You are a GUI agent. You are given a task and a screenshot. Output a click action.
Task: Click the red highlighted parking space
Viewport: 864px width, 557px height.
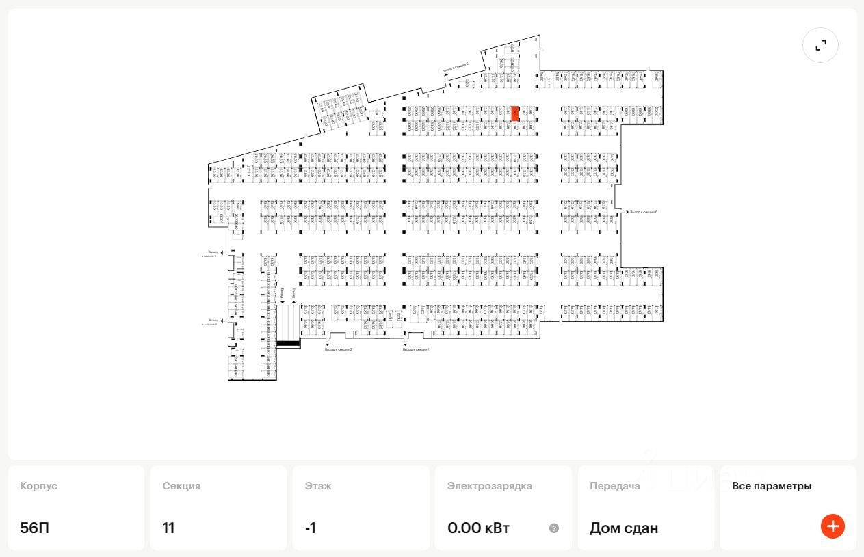[x=515, y=113]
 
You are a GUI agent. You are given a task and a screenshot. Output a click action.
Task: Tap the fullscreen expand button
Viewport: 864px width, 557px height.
[x=820, y=45]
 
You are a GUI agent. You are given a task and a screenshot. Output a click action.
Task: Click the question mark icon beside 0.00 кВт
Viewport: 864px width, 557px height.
[x=554, y=528]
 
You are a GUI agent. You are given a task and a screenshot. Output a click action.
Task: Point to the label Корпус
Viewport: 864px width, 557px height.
[x=38, y=486]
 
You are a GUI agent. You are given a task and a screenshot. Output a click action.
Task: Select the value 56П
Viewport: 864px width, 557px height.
[x=34, y=528]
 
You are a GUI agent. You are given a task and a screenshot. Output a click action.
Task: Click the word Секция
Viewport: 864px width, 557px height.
[x=181, y=486]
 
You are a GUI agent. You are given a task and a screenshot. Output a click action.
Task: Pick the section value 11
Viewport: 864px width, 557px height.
[x=168, y=528]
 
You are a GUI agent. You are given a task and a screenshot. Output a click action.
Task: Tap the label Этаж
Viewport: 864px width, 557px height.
[x=318, y=486]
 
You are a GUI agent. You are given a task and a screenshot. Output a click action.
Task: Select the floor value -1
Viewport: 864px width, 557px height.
[x=311, y=528]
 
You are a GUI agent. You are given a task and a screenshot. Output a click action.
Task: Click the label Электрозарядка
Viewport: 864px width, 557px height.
[x=490, y=486]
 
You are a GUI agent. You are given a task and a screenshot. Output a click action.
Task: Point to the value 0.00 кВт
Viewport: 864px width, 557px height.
[x=478, y=528]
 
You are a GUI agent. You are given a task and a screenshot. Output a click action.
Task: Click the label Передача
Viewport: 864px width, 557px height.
[x=615, y=486]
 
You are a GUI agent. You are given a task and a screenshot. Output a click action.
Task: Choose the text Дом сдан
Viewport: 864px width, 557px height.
[x=624, y=528]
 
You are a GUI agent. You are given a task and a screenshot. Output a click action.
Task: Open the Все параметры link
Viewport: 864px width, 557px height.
[x=772, y=486]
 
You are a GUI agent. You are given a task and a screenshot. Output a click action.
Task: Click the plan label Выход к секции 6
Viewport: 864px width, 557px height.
[x=644, y=213]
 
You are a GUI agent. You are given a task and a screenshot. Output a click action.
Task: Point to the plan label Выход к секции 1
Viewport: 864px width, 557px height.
[x=416, y=349]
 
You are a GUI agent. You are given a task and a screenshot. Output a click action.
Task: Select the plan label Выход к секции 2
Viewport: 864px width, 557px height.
[x=339, y=349]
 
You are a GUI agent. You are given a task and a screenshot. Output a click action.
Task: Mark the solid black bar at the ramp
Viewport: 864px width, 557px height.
[x=288, y=343]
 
